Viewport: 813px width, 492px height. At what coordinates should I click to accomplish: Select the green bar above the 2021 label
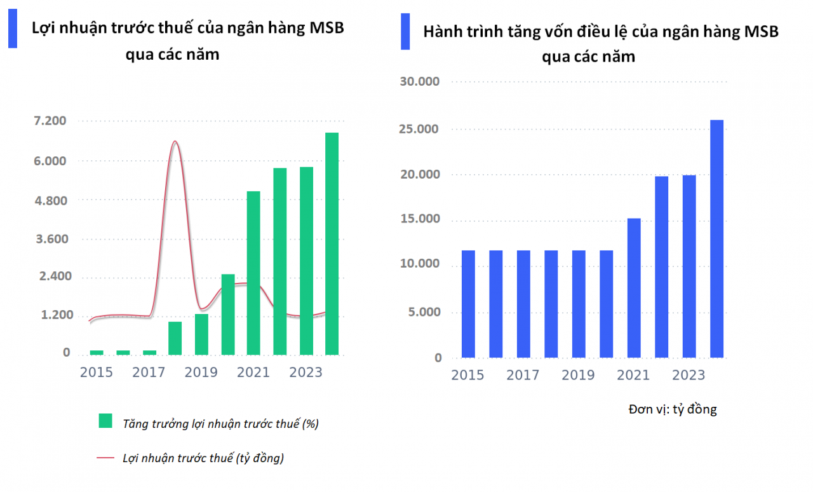pyautogui.click(x=253, y=273)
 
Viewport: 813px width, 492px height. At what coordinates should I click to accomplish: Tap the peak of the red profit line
pyautogui.click(x=175, y=142)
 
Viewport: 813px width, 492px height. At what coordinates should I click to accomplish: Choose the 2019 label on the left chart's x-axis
pyautogui.click(x=201, y=372)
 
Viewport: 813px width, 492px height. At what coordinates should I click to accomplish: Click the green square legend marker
pyautogui.click(x=105, y=421)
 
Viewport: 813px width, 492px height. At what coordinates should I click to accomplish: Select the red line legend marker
pyautogui.click(x=105, y=458)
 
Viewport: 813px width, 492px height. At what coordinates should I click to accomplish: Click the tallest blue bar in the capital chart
pyautogui.click(x=716, y=238)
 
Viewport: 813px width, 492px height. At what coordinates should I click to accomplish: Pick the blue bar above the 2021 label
pyautogui.click(x=634, y=288)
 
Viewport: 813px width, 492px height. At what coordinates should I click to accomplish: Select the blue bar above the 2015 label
pyautogui.click(x=468, y=304)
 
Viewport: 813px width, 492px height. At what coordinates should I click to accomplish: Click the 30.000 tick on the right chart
pyautogui.click(x=420, y=81)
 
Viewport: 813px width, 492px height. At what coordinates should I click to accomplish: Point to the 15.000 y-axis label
pyautogui.click(x=420, y=219)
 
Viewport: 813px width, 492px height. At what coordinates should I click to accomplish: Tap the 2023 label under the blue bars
pyautogui.click(x=689, y=376)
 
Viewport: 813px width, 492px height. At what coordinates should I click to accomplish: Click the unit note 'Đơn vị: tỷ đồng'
pyautogui.click(x=673, y=409)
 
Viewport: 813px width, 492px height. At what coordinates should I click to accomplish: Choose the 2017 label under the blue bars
pyautogui.click(x=523, y=376)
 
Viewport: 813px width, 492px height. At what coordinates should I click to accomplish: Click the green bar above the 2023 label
pyautogui.click(x=306, y=261)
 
